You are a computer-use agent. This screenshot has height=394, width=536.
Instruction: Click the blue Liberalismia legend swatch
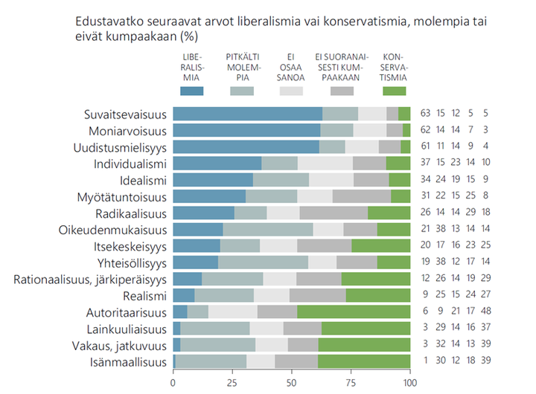pyautogui.click(x=191, y=91)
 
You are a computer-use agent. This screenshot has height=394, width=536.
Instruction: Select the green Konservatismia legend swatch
pyautogui.click(x=394, y=91)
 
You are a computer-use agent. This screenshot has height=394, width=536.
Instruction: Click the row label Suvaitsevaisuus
pyautogui.click(x=124, y=114)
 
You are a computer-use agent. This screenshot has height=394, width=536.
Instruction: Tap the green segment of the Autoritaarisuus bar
pyautogui.click(x=354, y=313)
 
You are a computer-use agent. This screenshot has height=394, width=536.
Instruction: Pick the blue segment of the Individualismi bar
pyautogui.click(x=217, y=164)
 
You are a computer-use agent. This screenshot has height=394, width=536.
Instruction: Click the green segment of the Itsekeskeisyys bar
pyautogui.click(x=380, y=246)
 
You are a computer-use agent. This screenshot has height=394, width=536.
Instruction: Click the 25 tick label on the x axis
pyautogui.click(x=232, y=383)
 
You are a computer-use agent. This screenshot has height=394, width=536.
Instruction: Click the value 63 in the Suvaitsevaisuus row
pyautogui.click(x=425, y=114)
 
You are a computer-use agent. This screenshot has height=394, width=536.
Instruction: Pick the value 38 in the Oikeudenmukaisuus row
pyautogui.click(x=440, y=230)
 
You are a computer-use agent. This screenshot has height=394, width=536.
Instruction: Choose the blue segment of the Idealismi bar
pyautogui.click(x=213, y=180)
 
